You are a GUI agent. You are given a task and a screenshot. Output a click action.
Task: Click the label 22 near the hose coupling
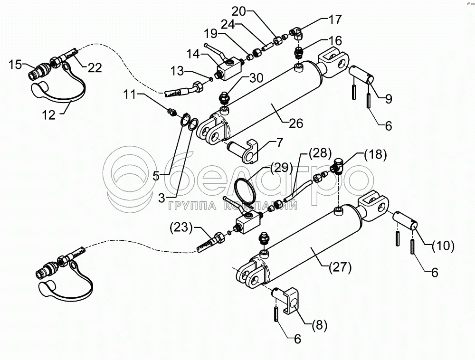[95, 68]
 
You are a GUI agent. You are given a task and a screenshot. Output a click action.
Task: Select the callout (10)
[443, 246]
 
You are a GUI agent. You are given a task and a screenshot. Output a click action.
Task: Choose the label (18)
[376, 154]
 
